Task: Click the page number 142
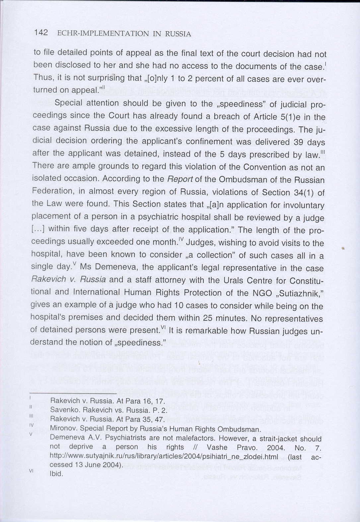pyautogui.click(x=41, y=33)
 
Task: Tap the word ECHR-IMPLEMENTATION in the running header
pyautogui.click(x=103, y=34)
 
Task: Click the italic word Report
pyautogui.click(x=180, y=179)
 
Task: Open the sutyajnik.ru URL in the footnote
pyautogui.click(x=164, y=457)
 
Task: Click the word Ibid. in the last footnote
pyautogui.click(x=56, y=474)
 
